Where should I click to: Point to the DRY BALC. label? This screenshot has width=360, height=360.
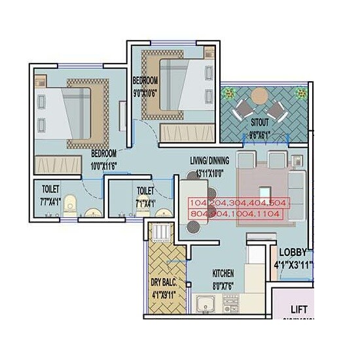[164, 283]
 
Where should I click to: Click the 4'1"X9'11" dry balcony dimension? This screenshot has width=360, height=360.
[165, 295]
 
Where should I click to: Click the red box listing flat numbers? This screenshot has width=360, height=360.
[237, 208]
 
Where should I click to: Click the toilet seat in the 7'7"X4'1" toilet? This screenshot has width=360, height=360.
[71, 203]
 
